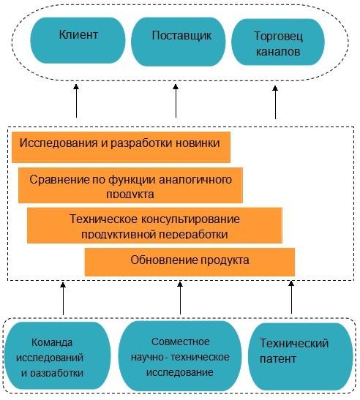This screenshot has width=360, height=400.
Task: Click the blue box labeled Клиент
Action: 78,40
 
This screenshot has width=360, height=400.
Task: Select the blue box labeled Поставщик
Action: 179,42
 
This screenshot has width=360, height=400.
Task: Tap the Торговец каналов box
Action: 278,42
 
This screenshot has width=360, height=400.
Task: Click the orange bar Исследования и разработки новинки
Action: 121,147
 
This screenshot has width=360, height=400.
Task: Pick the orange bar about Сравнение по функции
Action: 130,185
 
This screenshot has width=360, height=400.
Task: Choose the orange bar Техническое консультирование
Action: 154,225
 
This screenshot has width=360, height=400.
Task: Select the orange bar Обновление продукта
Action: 190,262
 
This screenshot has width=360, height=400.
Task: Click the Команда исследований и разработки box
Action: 57,355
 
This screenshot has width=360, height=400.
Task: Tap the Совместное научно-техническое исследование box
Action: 180,356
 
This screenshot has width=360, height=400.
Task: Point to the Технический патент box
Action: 300,356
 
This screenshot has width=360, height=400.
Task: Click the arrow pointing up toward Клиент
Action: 76,101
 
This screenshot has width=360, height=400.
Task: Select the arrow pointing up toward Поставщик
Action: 176,101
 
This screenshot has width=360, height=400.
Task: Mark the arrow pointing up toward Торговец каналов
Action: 275,102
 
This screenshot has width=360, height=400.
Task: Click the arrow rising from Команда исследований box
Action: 63,298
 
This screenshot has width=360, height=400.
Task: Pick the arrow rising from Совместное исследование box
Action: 180,298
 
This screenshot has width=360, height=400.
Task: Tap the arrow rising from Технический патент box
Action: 291,297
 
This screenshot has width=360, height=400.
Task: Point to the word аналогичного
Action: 195,180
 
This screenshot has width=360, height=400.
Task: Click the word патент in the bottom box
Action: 278,359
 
